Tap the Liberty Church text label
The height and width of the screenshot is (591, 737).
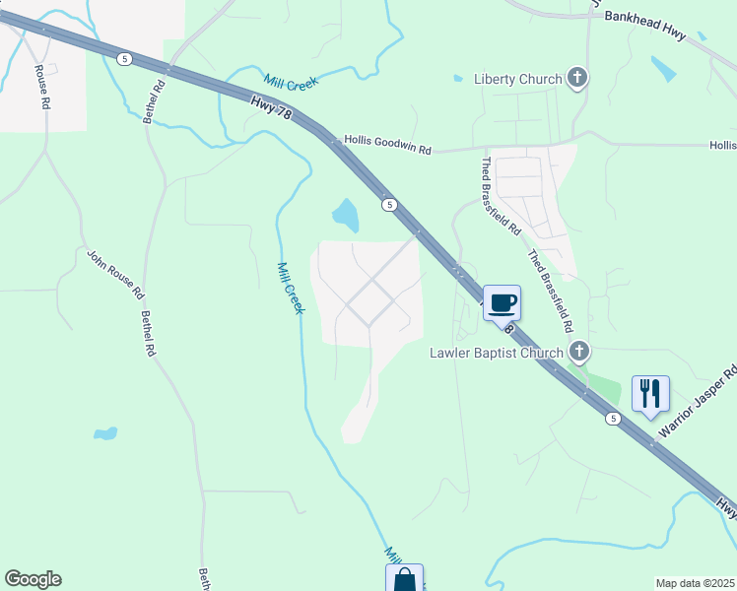[x=517, y=79]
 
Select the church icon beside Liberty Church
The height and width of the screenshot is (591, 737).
[x=577, y=79]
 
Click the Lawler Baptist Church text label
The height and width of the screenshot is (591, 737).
[x=496, y=353]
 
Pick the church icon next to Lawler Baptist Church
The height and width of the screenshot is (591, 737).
[x=579, y=351]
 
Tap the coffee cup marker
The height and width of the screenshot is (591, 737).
[x=502, y=302]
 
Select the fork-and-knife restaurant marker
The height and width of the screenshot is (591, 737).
[x=650, y=393]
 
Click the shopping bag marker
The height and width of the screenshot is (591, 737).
[x=404, y=578]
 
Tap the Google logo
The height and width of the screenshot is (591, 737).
[x=33, y=579]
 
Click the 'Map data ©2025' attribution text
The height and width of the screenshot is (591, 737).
[x=695, y=583]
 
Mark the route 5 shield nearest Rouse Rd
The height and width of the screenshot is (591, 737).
[x=123, y=59]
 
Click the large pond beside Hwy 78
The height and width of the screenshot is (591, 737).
[x=346, y=213]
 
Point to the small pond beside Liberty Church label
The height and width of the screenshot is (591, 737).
[x=457, y=78]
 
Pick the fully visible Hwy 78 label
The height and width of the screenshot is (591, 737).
[x=271, y=108]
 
